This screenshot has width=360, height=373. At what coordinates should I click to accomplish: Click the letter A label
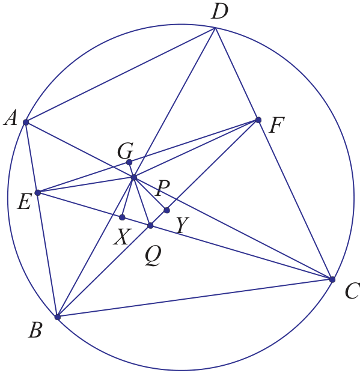coord(11,118)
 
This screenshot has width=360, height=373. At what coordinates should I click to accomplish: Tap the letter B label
coord(35,330)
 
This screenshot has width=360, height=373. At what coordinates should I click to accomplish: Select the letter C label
coord(352,291)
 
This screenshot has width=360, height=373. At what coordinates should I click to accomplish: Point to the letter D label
coord(219,11)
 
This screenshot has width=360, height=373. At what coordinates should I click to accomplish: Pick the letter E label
coord(24,202)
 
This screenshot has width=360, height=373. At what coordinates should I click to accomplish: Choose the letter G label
coord(125,151)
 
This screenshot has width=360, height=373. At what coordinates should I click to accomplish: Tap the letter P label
coord(163,188)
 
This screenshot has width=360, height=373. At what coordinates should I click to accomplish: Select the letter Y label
coord(183,225)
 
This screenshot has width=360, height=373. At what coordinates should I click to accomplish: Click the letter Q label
coord(153,255)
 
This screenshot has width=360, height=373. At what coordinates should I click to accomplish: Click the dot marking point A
coord(26,123)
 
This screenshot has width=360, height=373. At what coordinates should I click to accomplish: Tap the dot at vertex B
coord(57,317)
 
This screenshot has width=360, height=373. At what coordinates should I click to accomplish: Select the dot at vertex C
coord(332,279)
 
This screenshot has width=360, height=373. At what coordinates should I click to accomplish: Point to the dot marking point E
coord(38,193)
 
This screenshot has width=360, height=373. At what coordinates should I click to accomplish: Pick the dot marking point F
coord(258,120)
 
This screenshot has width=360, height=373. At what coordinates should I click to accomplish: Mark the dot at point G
coord(129,162)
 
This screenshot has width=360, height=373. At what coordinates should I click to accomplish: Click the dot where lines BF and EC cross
coord(150,225)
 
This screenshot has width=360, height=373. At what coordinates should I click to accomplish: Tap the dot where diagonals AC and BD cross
coord(134,177)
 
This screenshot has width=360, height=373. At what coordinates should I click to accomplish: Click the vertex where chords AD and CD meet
coord(216,28)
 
